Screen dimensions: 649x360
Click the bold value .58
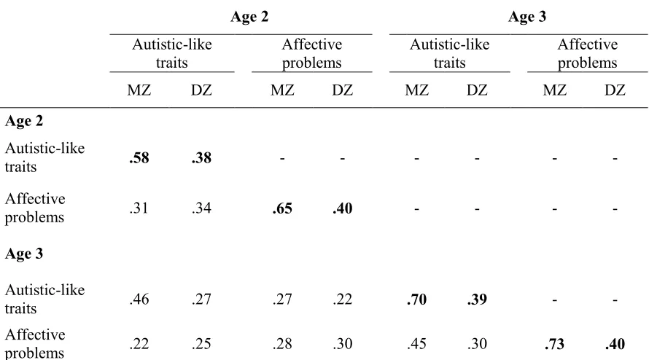pyautogui.click(x=139, y=157)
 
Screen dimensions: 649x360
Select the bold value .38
pyautogui.click(x=201, y=157)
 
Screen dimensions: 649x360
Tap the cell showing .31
pyautogui.click(x=139, y=208)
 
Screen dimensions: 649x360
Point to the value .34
pyautogui.click(x=201, y=208)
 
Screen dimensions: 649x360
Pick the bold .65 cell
pyautogui.click(x=282, y=208)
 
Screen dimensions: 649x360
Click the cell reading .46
pyautogui.click(x=139, y=299)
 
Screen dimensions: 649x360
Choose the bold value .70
pyautogui.click(x=417, y=300)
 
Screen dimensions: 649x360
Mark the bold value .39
pyautogui.click(x=477, y=300)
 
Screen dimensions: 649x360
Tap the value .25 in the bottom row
pyautogui.click(x=201, y=343)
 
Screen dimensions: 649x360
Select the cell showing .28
pyautogui.click(x=282, y=343)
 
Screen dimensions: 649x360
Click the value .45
pyautogui.click(x=417, y=343)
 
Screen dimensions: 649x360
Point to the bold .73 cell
pyautogui.click(x=555, y=344)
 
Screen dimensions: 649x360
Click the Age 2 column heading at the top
pyautogui.click(x=249, y=17)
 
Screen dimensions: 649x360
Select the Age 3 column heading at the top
pyautogui.click(x=527, y=17)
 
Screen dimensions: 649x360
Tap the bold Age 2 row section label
pyautogui.click(x=24, y=121)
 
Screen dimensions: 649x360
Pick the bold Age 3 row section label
pyautogui.click(x=24, y=254)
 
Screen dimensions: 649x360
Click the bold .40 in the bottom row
pyautogui.click(x=615, y=344)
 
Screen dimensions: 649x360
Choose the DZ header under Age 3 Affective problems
pyautogui.click(x=615, y=90)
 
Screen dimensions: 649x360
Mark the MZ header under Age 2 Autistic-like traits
pyautogui.click(x=139, y=90)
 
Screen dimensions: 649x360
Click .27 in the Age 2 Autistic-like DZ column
pyautogui.click(x=201, y=299)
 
